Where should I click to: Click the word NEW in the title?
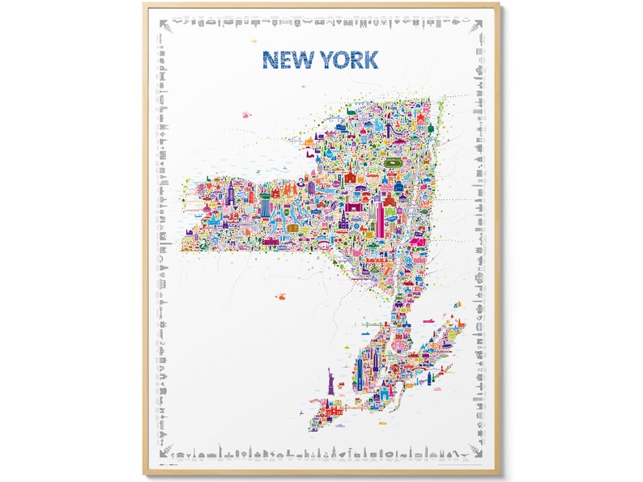coord(287,59)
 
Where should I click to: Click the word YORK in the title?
coord(347,59)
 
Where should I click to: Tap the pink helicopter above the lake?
coord(245,115)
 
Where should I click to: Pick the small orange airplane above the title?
coord(254,40)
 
